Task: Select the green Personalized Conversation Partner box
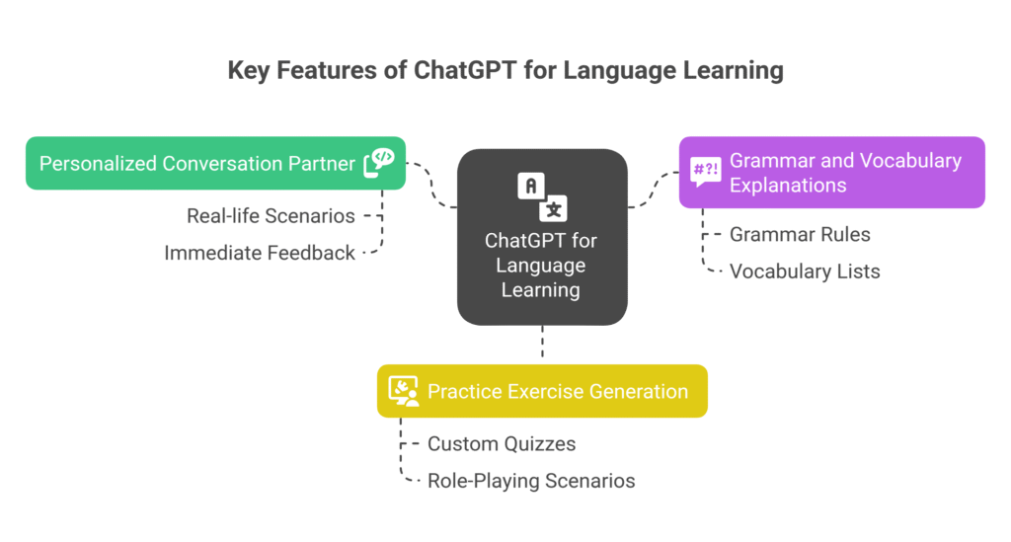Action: tap(197, 163)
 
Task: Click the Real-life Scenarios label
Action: tap(271, 215)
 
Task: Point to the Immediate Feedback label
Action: tap(260, 253)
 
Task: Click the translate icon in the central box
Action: tap(542, 195)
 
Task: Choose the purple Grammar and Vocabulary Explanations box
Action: tap(831, 173)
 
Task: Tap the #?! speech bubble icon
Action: tap(705, 172)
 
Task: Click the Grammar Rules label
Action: tap(800, 234)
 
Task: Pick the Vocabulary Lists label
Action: tap(805, 271)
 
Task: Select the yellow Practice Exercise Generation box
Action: tap(542, 391)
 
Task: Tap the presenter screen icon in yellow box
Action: tap(403, 391)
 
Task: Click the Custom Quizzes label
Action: tap(502, 443)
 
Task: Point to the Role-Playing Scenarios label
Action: tap(531, 481)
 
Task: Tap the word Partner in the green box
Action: tap(321, 163)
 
